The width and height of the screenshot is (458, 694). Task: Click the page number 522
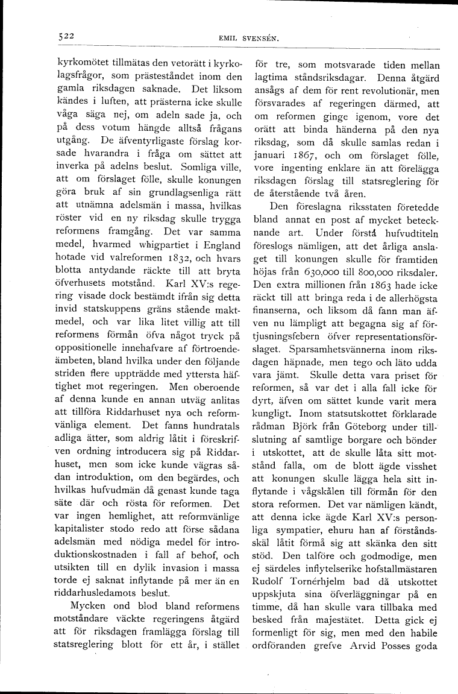[x=62, y=36]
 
